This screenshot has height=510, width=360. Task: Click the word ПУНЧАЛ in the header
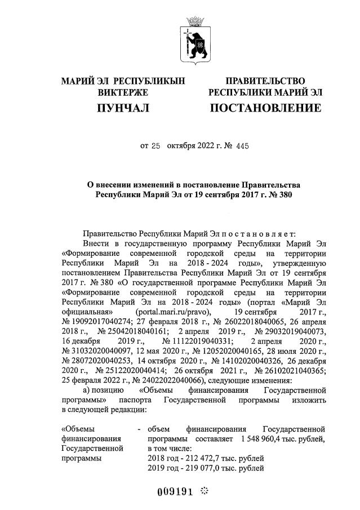tap(123, 108)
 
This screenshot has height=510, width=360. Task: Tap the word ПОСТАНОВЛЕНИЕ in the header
tap(265, 108)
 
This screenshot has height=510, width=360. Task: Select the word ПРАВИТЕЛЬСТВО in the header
tap(265, 82)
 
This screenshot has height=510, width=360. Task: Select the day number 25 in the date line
tap(156, 146)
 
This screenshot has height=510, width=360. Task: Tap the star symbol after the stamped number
tap(204, 490)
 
